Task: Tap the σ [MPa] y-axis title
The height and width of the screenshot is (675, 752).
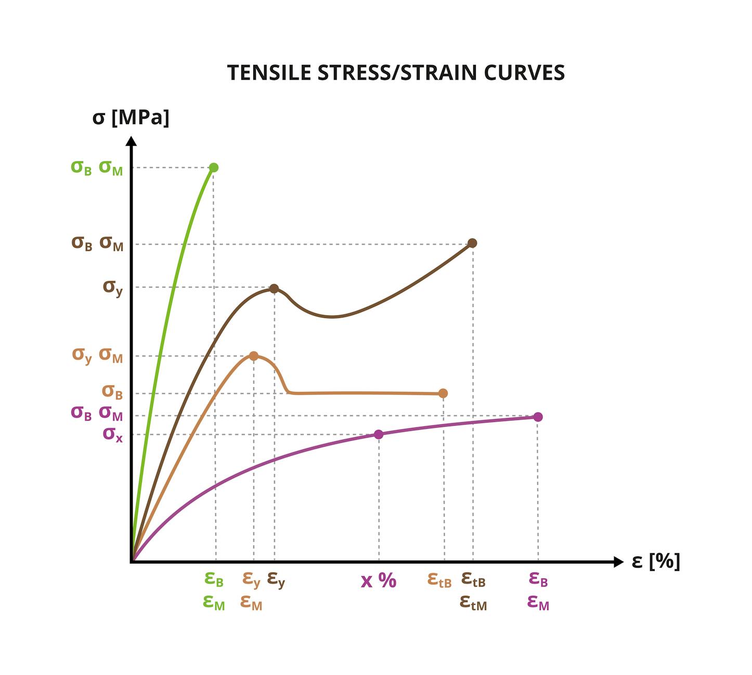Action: point(131,118)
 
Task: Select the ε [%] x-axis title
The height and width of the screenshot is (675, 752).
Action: point(655,561)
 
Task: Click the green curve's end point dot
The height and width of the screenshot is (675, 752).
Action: point(213,168)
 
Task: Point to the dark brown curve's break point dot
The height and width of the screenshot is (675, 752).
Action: point(472,243)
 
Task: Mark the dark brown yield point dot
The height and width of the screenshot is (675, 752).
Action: point(274,289)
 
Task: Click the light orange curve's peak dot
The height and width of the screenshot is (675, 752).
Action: point(253,356)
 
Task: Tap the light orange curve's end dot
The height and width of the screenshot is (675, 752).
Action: point(443,393)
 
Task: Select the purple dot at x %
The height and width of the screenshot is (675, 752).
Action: point(379,435)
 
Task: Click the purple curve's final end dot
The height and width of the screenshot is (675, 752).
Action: point(538,417)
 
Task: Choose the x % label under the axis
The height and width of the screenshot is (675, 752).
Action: point(379,580)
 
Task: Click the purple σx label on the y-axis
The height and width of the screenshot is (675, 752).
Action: point(112,434)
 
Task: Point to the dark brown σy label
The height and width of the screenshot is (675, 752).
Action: point(112,287)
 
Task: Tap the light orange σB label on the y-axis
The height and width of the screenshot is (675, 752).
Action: point(112,391)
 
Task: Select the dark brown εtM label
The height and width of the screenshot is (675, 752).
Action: point(473,603)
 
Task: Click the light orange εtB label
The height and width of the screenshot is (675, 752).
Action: point(439,579)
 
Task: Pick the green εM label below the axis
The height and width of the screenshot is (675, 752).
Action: point(214,603)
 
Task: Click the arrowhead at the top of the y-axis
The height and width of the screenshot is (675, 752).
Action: point(132,141)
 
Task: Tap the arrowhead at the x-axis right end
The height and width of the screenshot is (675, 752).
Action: point(618,562)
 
